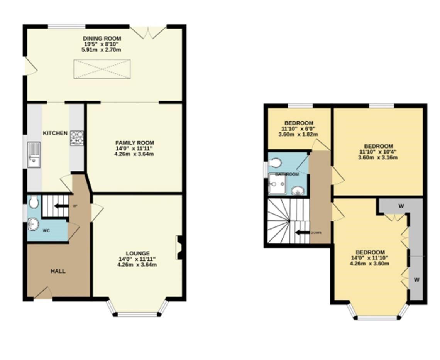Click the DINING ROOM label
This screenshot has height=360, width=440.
pyautogui.click(x=102, y=39)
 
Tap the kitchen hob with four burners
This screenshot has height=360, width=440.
pyautogui.click(x=76, y=138)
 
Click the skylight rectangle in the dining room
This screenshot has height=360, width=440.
pyautogui.click(x=102, y=69)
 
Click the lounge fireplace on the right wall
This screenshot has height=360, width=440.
pyautogui.click(x=179, y=247)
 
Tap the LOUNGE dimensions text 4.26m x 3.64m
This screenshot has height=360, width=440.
pyautogui.click(x=137, y=265)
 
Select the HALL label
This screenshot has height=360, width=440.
pyautogui.click(x=58, y=271)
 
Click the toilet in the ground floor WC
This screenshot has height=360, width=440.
pyautogui.click(x=34, y=201)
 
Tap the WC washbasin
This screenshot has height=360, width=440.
pyautogui.click(x=33, y=224)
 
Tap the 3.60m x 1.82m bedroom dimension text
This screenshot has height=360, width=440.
pyautogui.click(x=298, y=135)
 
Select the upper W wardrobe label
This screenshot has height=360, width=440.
pyautogui.click(x=401, y=206)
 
